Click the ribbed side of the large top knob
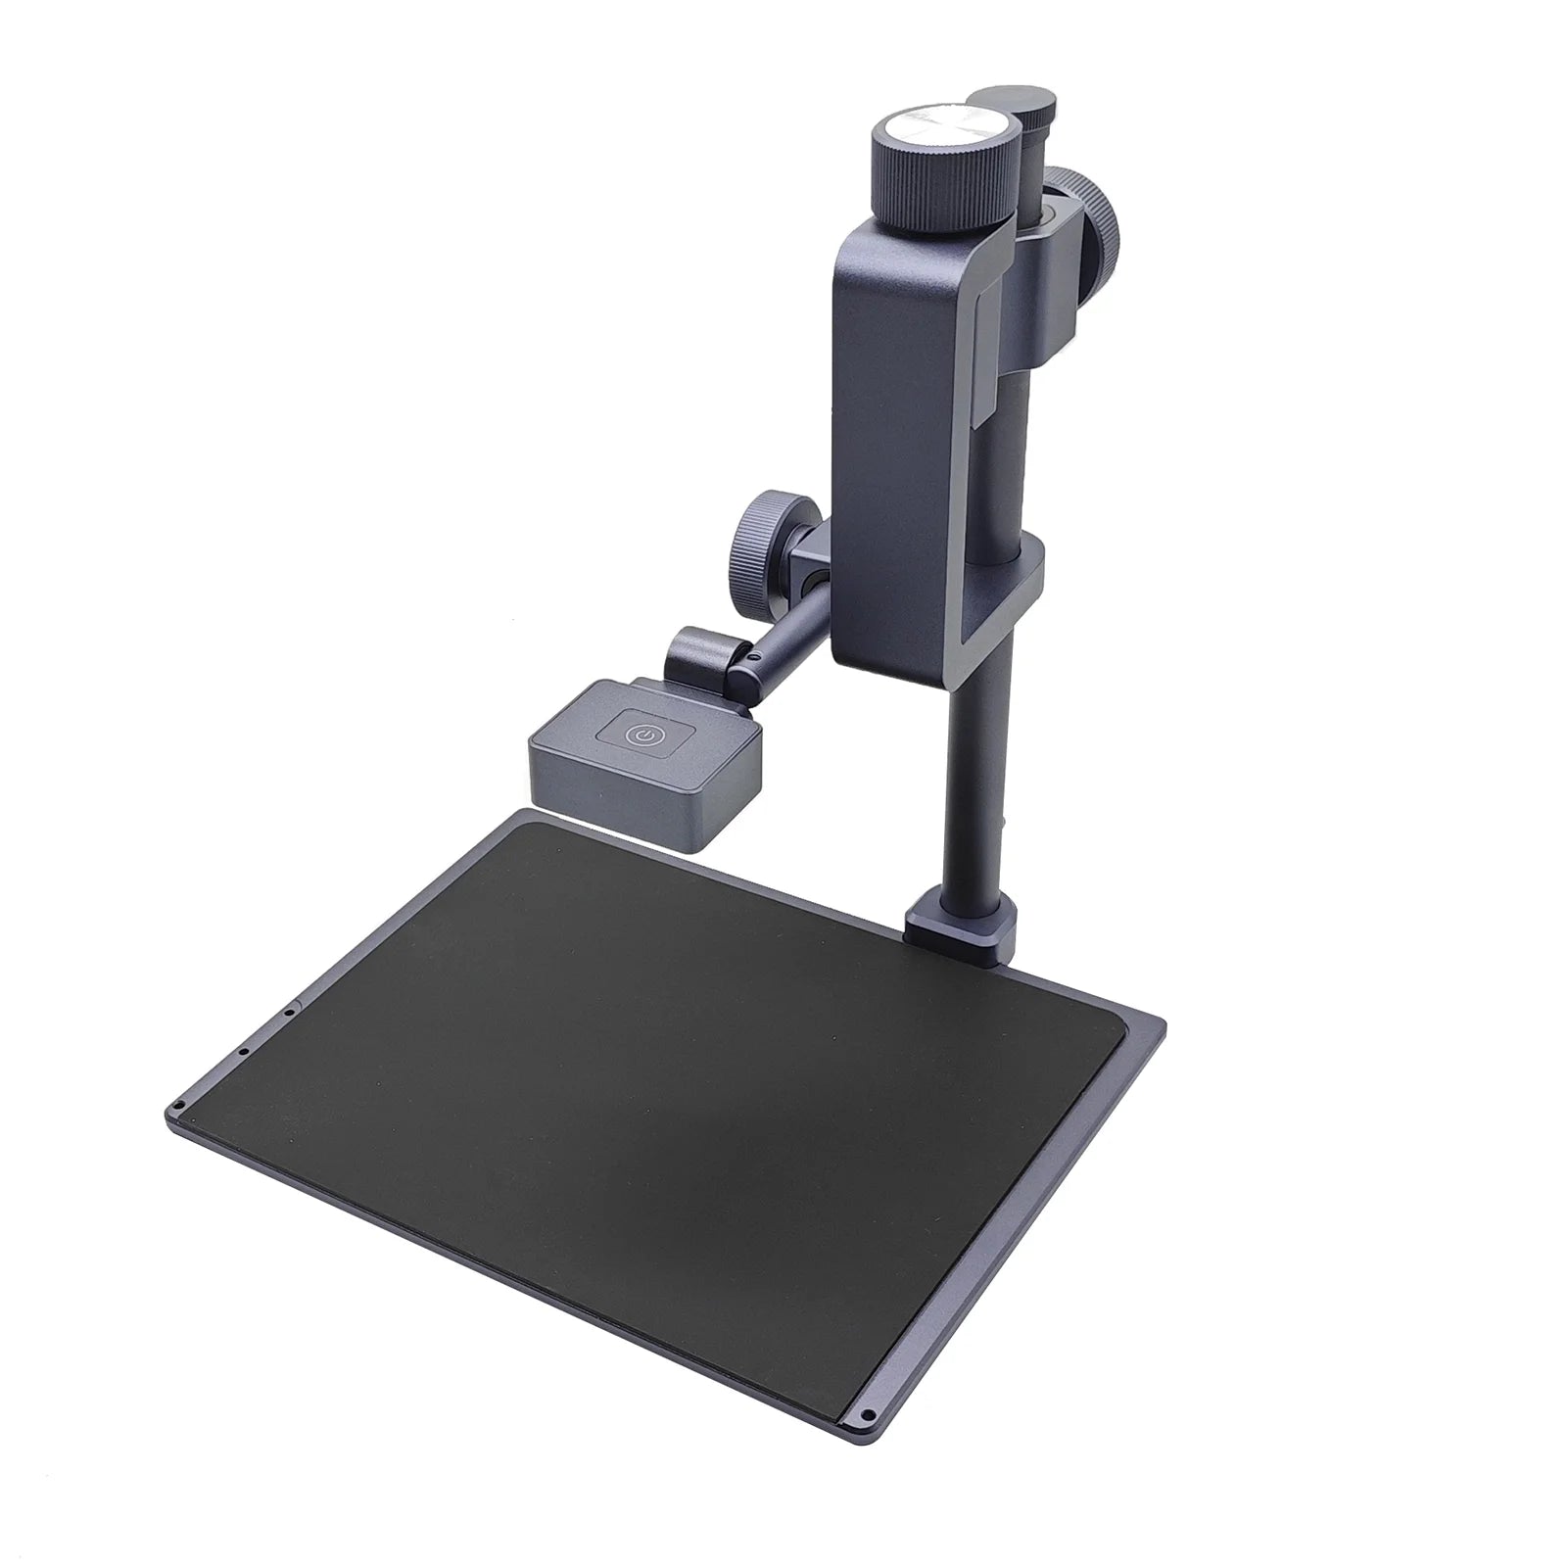tap(940, 177)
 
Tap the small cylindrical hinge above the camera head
tap(703, 655)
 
